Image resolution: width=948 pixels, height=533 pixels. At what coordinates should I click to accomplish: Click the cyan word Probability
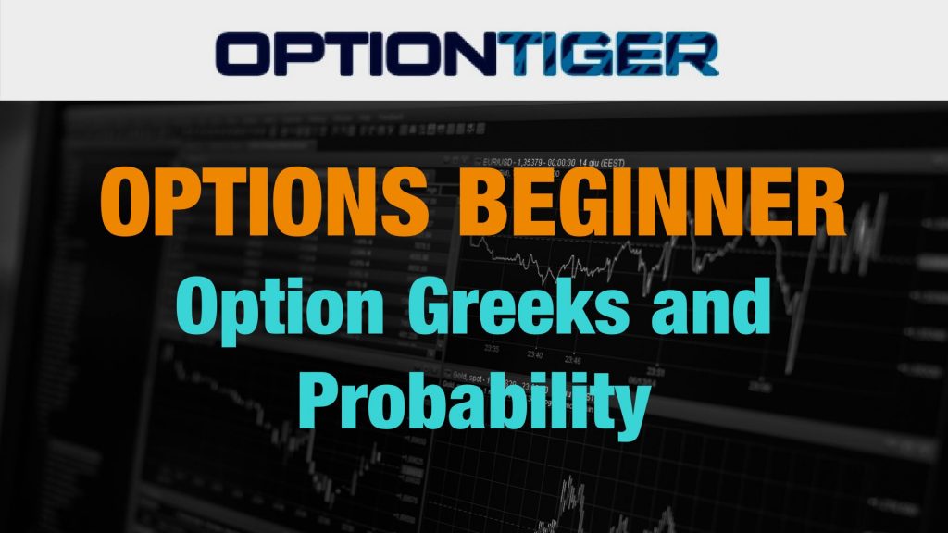pos(474,401)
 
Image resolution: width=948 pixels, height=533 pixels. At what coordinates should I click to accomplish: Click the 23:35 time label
pos(492,349)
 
